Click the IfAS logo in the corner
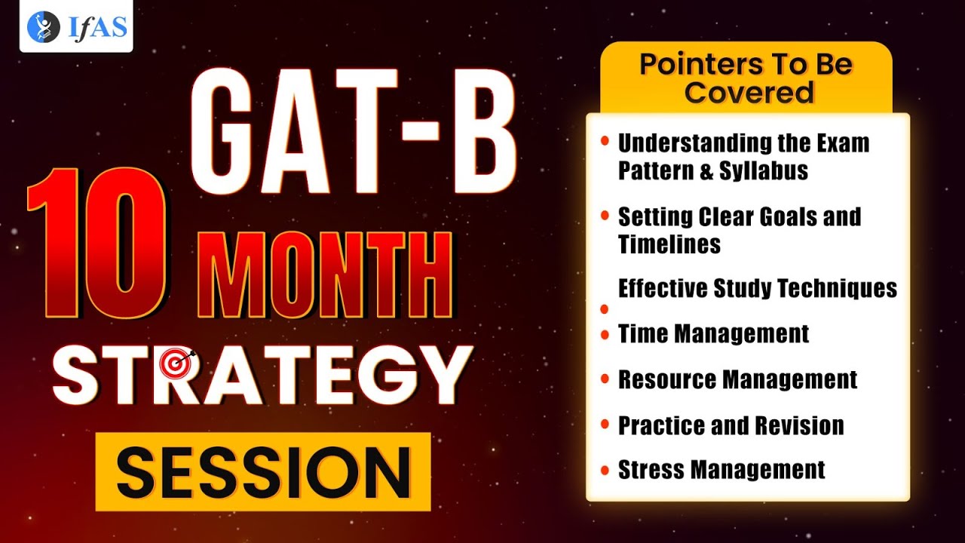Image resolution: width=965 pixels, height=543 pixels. (76, 27)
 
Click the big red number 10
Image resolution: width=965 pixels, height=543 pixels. (98, 245)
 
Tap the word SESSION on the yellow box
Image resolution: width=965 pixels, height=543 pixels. (263, 471)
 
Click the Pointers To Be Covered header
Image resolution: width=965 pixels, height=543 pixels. (746, 78)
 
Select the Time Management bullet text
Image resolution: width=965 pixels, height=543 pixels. (713, 334)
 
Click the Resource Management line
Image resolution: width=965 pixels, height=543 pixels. (737, 379)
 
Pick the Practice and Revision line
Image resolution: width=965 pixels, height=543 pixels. (731, 425)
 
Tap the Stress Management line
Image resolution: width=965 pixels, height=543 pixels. (721, 471)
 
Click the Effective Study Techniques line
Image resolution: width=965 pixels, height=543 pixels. (757, 289)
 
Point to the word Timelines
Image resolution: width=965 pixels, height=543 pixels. (669, 244)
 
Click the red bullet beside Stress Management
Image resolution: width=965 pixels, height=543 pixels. (605, 471)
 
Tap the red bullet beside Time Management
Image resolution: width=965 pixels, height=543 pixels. (605, 334)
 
